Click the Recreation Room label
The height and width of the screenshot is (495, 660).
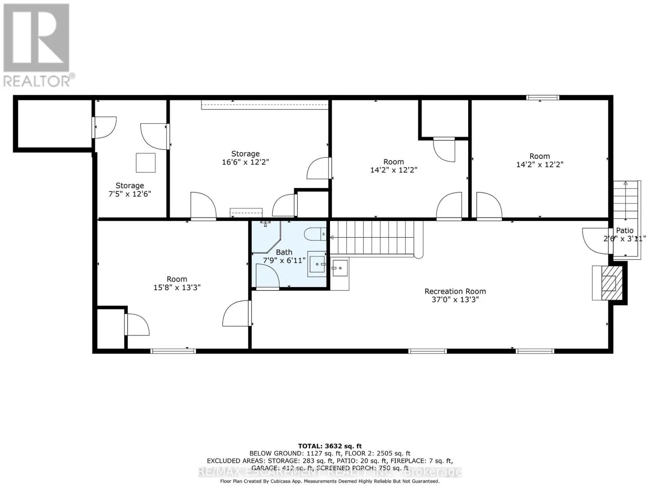point(455,291)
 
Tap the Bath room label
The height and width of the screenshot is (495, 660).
point(284,252)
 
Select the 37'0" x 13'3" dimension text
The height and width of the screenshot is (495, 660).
point(455,300)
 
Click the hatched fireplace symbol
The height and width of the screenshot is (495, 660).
point(608,283)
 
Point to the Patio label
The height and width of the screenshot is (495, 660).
point(625,231)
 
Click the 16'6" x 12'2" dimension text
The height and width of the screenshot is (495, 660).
point(245,162)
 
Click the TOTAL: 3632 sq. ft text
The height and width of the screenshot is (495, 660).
point(330,446)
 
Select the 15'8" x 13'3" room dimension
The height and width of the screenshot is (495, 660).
point(177,288)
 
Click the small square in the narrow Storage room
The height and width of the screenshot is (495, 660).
point(146,163)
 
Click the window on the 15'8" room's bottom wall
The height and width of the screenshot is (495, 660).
point(173,351)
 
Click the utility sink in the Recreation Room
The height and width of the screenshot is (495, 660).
point(340,268)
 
